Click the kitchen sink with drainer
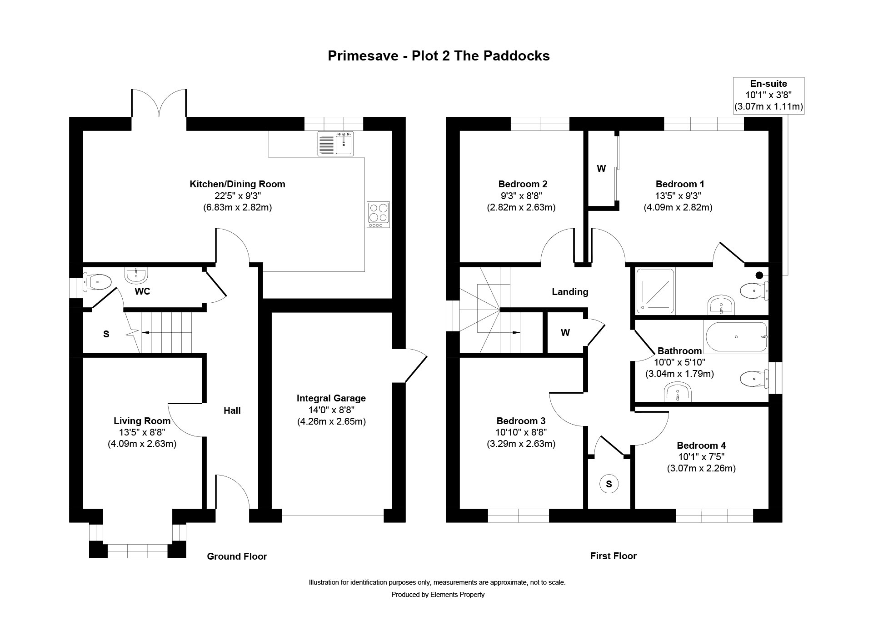pos(336,144)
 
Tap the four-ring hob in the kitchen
pos(378,215)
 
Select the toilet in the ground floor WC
pos(97,282)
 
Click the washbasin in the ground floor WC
pos(136,275)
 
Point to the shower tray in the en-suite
pos(655,291)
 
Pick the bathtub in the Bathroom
pos(736,337)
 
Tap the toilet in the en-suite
pos(754,290)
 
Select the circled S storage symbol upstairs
pos(609,484)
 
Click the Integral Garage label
pos(331,398)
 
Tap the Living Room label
pos(142,421)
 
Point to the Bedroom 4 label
pos(701,446)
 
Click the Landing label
pos(570,292)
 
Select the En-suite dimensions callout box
pos(768,95)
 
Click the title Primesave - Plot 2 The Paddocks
pos(439,55)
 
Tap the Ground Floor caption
pos(237,556)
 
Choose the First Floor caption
pos(614,556)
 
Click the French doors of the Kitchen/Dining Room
pos(159,103)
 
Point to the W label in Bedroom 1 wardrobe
pos(601,169)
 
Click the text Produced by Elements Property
pos(438,595)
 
